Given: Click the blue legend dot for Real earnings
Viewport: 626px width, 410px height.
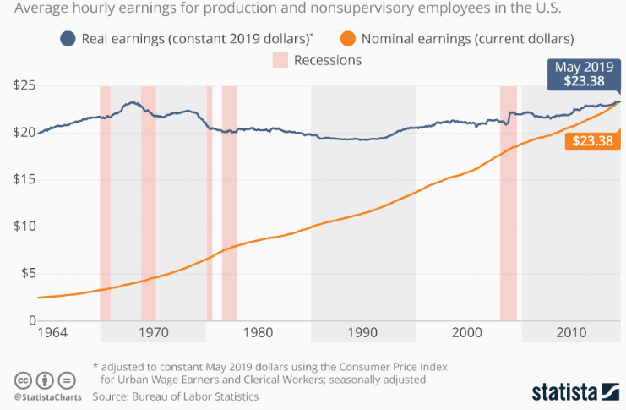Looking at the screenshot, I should (68, 39).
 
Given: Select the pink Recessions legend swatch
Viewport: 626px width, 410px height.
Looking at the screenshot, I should (280, 60).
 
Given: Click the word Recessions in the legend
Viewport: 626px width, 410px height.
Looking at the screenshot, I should (328, 60).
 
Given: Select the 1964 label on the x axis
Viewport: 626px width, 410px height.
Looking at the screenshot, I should (52, 332).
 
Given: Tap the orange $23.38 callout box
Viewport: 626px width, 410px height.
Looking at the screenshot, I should (591, 141).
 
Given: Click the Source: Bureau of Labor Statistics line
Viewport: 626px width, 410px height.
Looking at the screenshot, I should (176, 396).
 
